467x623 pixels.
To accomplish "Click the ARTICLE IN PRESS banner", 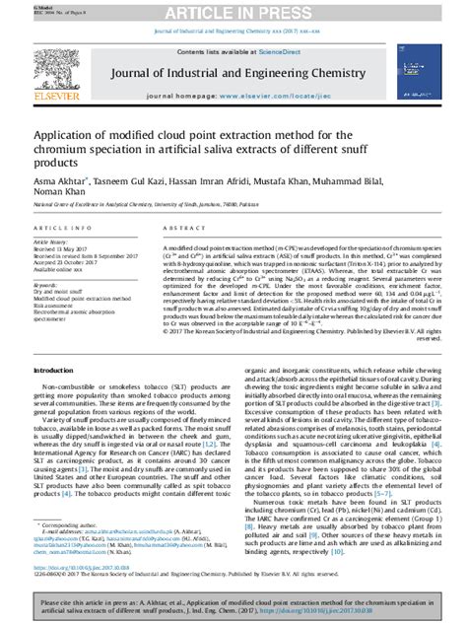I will point(233,11).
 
